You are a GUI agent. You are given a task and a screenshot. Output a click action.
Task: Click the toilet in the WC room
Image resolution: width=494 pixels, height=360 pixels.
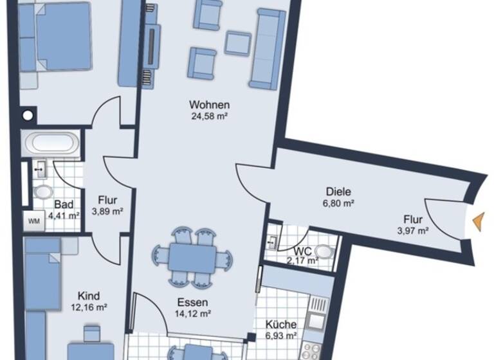pos(327,251)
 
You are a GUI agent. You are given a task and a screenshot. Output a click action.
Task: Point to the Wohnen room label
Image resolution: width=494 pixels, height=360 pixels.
pos(210,105)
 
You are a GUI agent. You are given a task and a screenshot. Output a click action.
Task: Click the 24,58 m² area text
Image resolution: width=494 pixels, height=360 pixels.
pos(210,116)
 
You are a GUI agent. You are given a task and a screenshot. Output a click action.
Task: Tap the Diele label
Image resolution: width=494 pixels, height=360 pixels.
pos(338,191)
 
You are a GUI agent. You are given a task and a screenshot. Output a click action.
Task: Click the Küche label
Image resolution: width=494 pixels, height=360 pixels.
pos(281,325)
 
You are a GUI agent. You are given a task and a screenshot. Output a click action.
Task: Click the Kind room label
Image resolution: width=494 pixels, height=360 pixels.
pos(88,296)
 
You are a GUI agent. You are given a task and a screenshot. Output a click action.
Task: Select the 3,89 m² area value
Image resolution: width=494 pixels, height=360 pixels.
pos(107,210)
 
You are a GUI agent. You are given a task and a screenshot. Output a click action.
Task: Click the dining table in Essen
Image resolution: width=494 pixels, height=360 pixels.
pos(193,257)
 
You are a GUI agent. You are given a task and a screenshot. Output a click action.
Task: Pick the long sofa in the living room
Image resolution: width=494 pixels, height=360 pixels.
pos(268,49)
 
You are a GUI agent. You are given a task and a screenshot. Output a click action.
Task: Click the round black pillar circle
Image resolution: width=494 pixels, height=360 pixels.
pos(27,116)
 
